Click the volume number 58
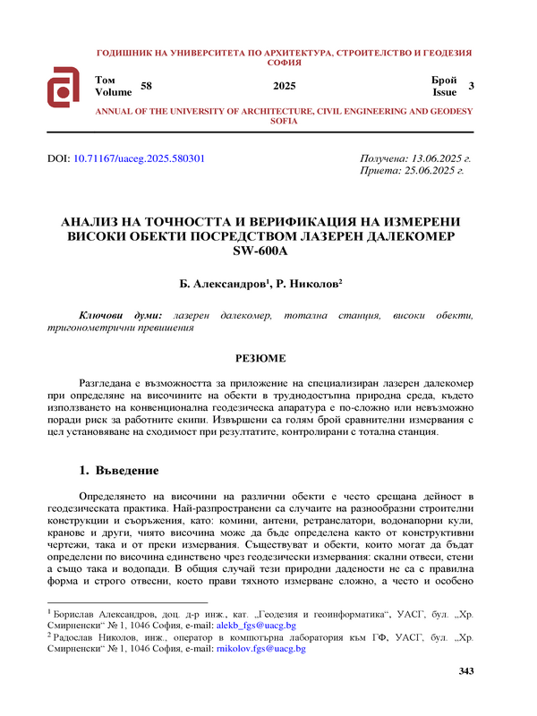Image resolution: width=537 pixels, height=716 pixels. pyautogui.click(x=147, y=85)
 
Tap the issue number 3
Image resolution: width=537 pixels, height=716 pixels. pyautogui.click(x=471, y=85)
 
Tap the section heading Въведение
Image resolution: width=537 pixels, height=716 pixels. pyautogui.click(x=126, y=470)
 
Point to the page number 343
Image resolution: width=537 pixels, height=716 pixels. pyautogui.click(x=465, y=696)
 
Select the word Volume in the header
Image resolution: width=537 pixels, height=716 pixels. pyautogui.click(x=113, y=91)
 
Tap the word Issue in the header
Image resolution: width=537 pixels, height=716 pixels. pyautogui.click(x=445, y=91)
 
